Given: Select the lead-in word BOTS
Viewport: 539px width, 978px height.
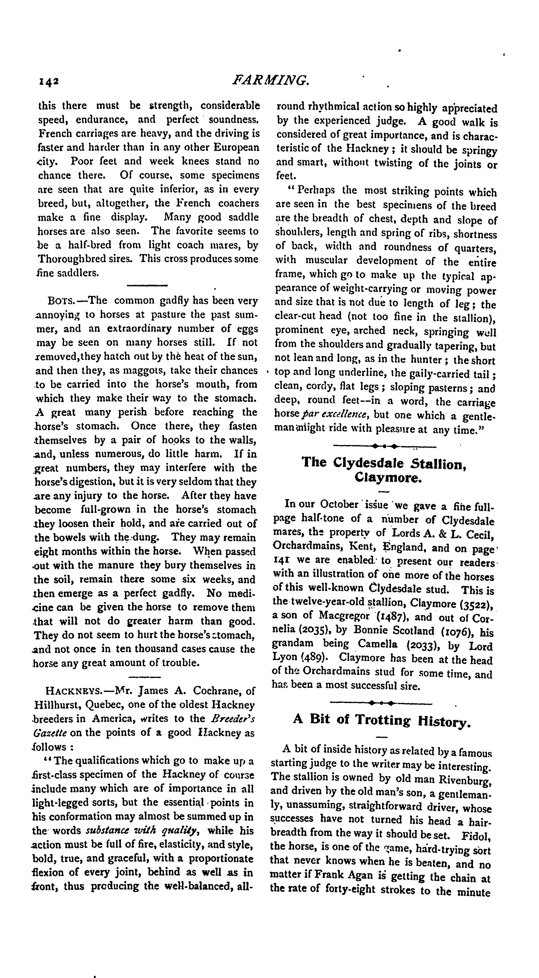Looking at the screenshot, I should pyautogui.click(x=62, y=301).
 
